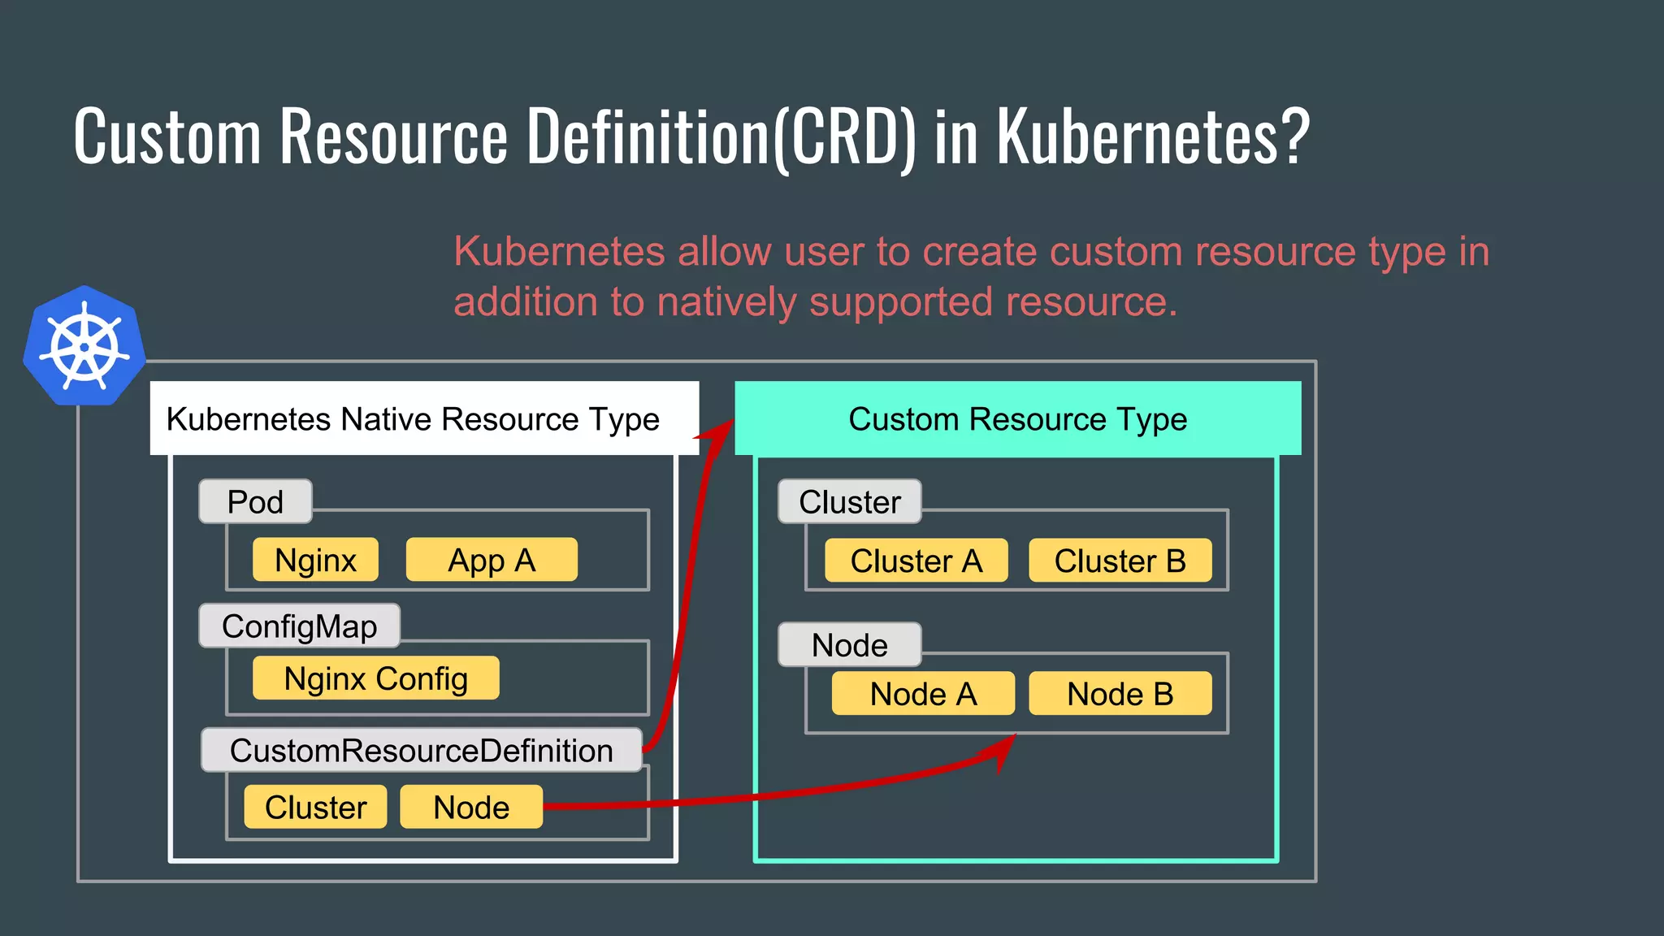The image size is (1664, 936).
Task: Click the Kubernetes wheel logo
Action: (84, 347)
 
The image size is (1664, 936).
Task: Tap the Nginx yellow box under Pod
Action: (315, 560)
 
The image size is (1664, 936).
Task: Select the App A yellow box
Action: (492, 560)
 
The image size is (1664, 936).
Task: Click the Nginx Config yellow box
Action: (375, 678)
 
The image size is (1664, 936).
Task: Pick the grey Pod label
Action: (255, 501)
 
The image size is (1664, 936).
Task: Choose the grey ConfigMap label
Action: (299, 626)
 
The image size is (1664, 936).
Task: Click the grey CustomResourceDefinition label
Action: (421, 750)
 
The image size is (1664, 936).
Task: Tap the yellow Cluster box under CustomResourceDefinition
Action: (315, 807)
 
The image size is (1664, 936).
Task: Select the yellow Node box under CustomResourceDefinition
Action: (471, 807)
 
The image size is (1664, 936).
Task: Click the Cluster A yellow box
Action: (916, 561)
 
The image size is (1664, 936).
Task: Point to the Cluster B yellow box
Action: (1120, 561)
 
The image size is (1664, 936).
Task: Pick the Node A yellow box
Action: (923, 694)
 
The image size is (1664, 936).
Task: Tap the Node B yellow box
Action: (1120, 694)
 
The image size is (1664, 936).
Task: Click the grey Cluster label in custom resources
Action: (849, 501)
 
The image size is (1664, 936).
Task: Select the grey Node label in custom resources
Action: (849, 644)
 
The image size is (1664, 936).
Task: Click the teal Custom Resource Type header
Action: (1017, 418)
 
